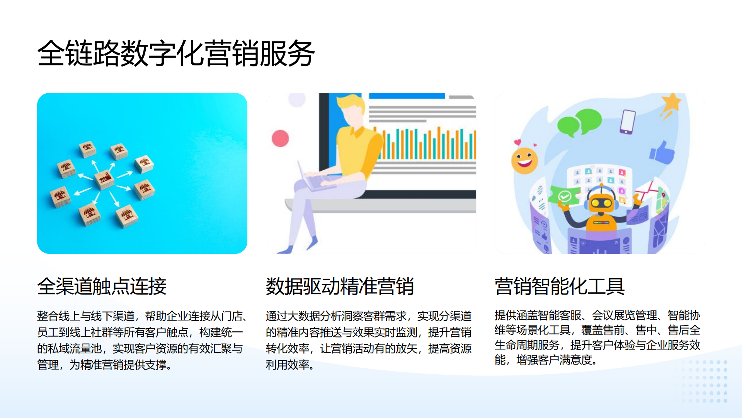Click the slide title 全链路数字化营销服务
pos(176,53)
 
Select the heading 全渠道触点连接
pos(102,286)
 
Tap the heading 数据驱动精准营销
pos(340,286)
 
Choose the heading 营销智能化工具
pos(559,286)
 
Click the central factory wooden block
pos(104,179)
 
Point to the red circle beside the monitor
pos(280,138)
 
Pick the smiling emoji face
pos(524,160)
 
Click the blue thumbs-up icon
pos(662,152)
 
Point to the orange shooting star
pos(671,104)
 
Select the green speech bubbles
pos(579,122)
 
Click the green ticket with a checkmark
pos(564,195)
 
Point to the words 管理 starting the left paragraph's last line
pos(48,365)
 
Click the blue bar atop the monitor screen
pos(407,96)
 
